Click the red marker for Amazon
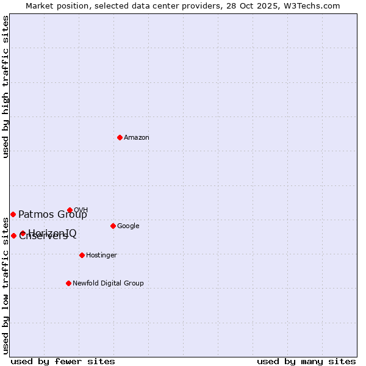tap(120, 137)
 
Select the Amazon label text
tap(137, 138)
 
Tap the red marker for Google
tap(113, 226)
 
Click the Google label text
tap(128, 226)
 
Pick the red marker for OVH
tap(70, 210)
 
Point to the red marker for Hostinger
tap(82, 255)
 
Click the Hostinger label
tap(101, 256)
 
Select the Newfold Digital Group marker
tap(68, 283)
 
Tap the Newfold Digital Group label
tap(108, 284)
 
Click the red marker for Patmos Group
tap(13, 214)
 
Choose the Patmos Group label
tap(52, 215)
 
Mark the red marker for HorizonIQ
tap(23, 233)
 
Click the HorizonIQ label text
tap(53, 232)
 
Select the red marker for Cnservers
tap(13, 235)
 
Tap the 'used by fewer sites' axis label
tap(63, 362)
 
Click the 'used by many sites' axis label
tap(306, 362)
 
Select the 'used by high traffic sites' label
tap(5, 87)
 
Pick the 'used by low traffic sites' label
tap(5, 285)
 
